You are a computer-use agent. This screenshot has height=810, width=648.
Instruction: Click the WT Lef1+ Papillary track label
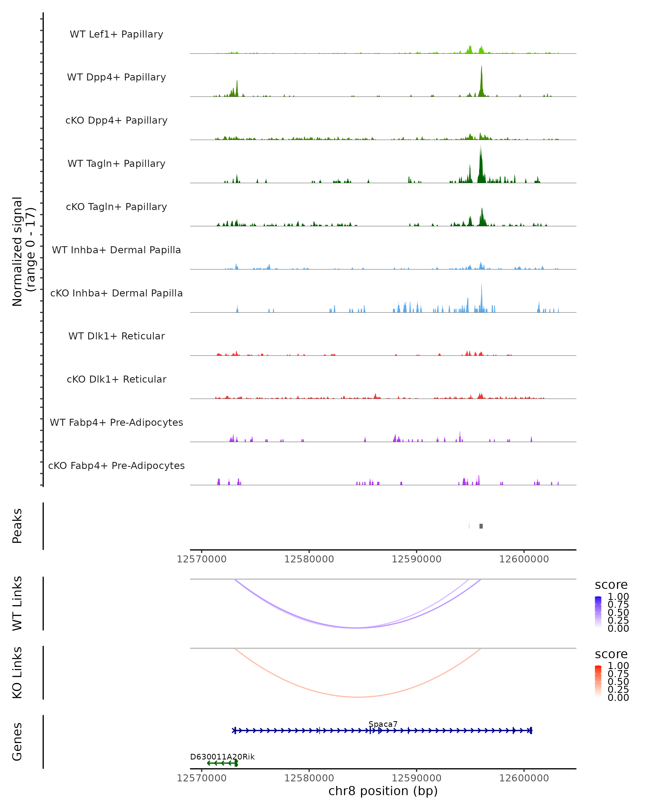click(116, 34)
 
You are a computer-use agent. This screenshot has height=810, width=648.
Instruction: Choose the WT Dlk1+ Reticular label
click(116, 336)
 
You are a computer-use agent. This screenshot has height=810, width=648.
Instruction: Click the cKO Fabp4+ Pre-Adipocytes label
click(116, 465)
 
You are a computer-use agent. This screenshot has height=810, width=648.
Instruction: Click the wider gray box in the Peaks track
click(481, 526)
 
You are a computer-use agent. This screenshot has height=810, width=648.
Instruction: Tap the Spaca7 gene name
click(383, 724)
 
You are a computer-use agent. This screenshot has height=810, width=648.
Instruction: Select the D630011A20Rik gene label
click(222, 757)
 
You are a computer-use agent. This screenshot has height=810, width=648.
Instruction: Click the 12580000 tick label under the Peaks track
click(309, 559)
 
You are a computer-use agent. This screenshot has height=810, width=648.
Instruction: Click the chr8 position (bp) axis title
click(383, 791)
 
